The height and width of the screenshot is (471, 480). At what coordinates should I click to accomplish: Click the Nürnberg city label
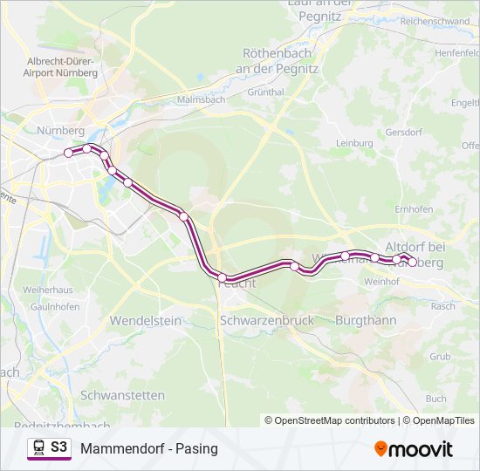point(59,130)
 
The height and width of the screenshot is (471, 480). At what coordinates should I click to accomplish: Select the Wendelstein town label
point(145,320)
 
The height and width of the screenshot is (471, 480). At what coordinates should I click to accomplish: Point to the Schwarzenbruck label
point(266,320)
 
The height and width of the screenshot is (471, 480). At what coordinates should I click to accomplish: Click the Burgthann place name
point(366,320)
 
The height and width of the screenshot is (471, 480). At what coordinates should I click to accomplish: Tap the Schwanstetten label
point(122,394)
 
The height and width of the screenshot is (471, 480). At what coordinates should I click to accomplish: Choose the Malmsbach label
point(201,99)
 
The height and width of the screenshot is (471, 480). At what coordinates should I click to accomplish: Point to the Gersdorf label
point(403,133)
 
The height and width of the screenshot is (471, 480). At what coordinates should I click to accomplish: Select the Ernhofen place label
point(414,209)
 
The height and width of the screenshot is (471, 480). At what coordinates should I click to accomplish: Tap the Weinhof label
point(381,282)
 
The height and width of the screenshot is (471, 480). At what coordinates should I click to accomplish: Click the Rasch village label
point(443,306)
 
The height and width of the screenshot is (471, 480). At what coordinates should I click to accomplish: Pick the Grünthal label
point(266,91)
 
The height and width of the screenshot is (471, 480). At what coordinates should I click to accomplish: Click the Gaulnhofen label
point(31,306)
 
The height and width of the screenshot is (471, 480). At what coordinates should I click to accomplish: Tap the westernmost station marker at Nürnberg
point(68,154)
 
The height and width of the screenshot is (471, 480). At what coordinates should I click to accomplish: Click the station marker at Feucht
point(223,277)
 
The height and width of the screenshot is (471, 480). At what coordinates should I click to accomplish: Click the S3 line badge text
point(58,447)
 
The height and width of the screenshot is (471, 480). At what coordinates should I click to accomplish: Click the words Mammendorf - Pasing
point(148,449)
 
